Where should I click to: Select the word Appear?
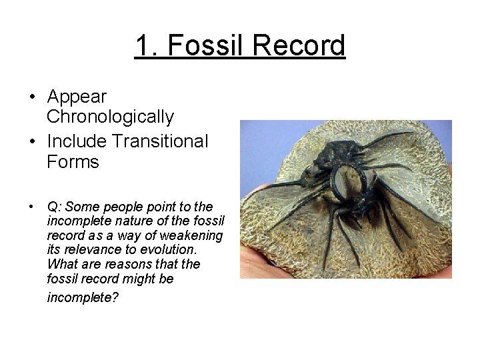(77, 97)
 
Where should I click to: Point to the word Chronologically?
(111, 117)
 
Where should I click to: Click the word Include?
(76, 141)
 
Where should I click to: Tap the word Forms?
(73, 161)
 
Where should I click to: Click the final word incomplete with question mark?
(83, 297)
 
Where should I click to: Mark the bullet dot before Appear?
(32, 97)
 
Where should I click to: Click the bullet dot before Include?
(32, 142)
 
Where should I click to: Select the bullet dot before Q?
(32, 207)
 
